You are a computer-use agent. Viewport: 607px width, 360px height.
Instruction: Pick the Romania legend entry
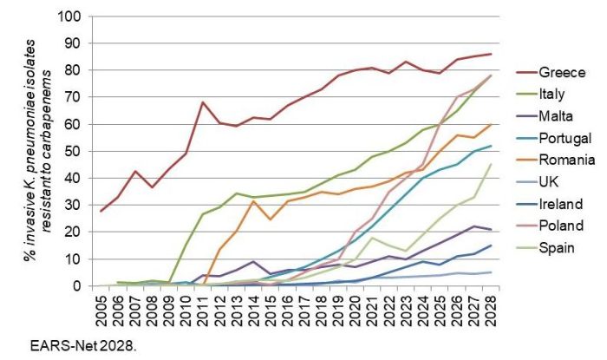tap(568, 160)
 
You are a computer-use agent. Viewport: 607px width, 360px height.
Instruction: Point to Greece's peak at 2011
tap(202, 102)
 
